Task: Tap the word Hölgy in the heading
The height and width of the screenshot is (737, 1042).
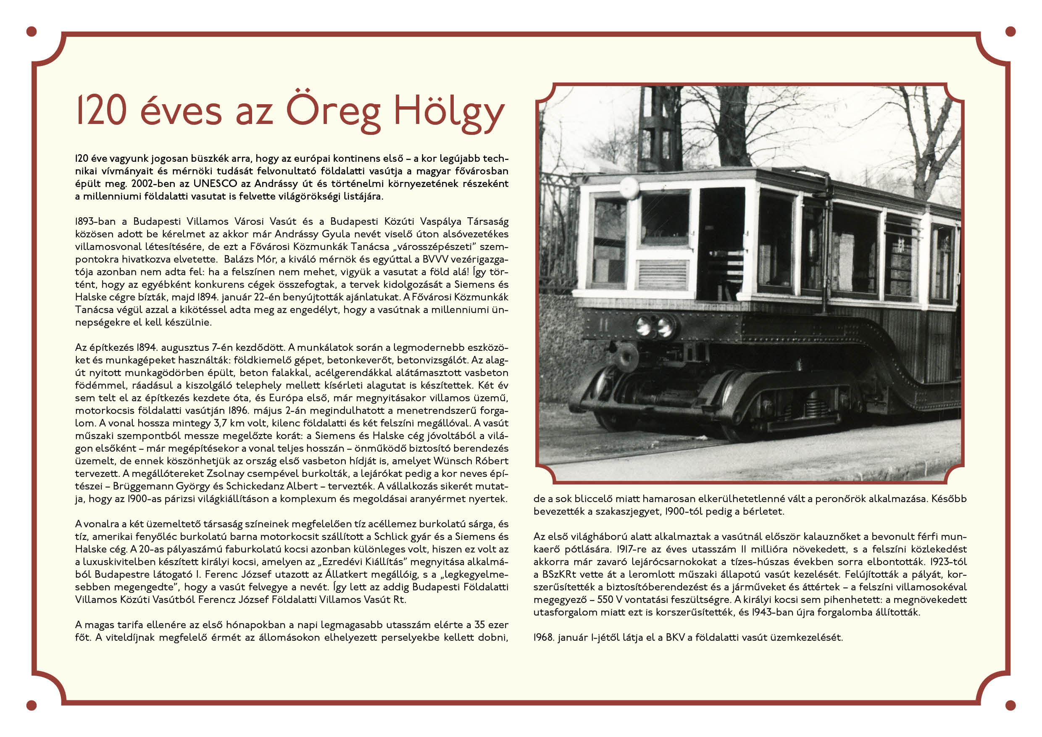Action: pyautogui.click(x=448, y=112)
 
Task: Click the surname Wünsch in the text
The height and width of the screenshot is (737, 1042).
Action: pyautogui.click(x=453, y=461)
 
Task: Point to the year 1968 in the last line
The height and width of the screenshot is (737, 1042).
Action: pyautogui.click(x=543, y=637)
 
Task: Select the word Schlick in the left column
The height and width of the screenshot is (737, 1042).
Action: pyautogui.click(x=392, y=537)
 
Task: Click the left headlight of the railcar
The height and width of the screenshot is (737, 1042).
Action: pyautogui.click(x=642, y=326)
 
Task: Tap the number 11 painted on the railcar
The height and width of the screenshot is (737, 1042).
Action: pyautogui.click(x=603, y=325)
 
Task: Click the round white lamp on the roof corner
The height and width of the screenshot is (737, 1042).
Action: pyautogui.click(x=629, y=187)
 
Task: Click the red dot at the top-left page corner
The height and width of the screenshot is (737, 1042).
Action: pyautogui.click(x=32, y=32)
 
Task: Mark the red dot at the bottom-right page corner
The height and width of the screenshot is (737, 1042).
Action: pyautogui.click(x=1010, y=705)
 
